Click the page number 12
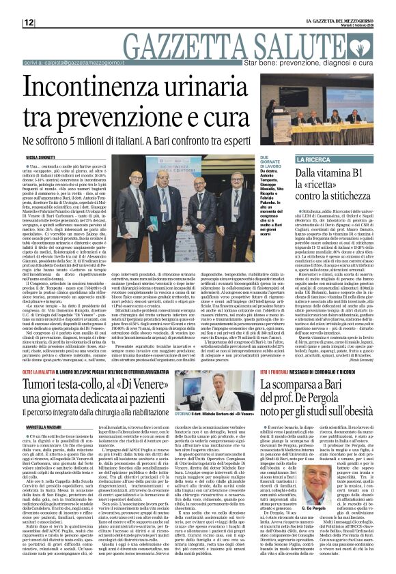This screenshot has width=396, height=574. click(x=29, y=22)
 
